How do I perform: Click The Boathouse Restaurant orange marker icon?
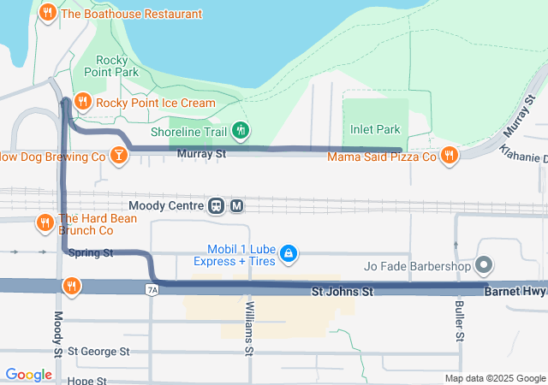click(48, 14)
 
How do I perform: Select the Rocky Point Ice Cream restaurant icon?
click(83, 103)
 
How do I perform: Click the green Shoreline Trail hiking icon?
click(241, 131)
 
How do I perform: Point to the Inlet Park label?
click(375, 130)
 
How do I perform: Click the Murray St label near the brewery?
click(201, 155)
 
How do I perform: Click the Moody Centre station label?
click(165, 205)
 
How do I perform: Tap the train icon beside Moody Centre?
click(217, 205)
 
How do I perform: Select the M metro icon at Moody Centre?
click(237, 205)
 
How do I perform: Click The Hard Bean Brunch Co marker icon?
click(45, 223)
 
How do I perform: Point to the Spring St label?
click(90, 253)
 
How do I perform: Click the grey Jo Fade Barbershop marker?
click(484, 265)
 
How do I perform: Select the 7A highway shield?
click(152, 290)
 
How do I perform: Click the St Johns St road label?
click(342, 293)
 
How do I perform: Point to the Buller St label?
click(460, 322)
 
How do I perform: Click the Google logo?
click(28, 374)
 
